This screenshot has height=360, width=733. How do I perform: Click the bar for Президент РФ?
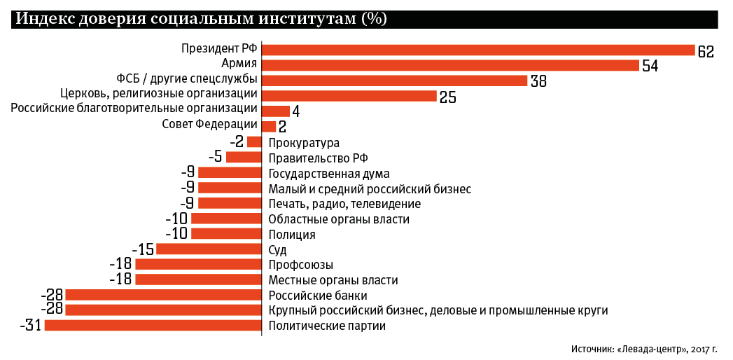[477, 50]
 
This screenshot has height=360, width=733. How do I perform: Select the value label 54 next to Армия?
[650, 66]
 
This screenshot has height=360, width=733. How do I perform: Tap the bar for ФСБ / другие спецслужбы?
[394, 81]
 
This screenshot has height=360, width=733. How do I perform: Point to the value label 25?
[448, 97]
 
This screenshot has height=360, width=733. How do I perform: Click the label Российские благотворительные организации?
[134, 109]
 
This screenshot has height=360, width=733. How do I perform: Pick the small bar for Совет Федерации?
[269, 127]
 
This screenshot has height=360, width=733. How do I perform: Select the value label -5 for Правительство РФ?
[215, 157]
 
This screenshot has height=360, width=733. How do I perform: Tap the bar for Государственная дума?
[230, 173]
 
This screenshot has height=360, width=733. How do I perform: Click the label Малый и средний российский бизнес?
[370, 188]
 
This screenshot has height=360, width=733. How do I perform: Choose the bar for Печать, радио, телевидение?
[230, 203]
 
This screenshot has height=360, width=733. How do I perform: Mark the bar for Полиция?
[226, 234]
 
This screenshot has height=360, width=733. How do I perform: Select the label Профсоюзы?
[300, 265]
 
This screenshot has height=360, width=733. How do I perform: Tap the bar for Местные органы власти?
[198, 279]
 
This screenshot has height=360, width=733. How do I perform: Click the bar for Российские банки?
[163, 295]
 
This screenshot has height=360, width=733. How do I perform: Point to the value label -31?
[32, 326]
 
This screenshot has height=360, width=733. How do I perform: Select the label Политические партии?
[327, 326]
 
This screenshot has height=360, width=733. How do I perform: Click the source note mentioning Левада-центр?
[648, 347]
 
